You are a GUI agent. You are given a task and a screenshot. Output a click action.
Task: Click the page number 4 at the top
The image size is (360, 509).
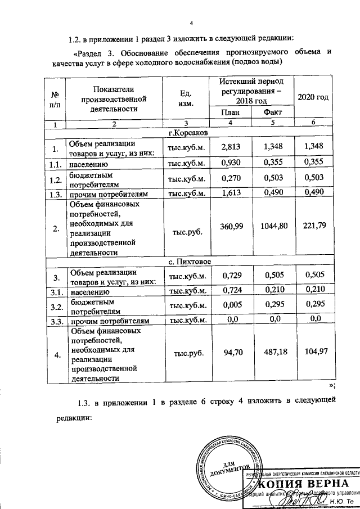click(191, 22)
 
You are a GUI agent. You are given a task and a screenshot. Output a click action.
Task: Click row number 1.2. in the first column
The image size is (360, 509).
click(54, 179)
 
